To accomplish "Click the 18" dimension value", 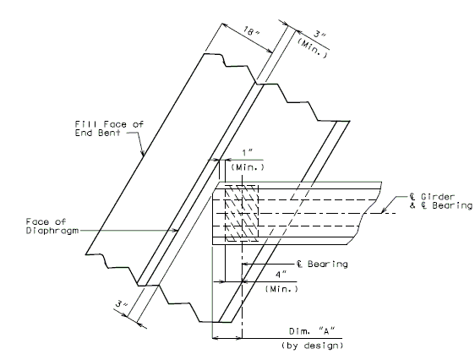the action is click(251, 31).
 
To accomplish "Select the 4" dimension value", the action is click(281, 275).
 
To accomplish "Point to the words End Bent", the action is click(97, 133).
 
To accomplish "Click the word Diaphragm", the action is click(52, 231).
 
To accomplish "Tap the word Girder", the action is click(438, 197).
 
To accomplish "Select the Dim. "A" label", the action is click(312, 331).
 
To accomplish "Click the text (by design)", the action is click(313, 346).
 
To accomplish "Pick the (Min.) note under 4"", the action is click(281, 289).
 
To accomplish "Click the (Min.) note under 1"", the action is click(248, 166).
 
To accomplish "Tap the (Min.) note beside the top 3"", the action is click(312, 48).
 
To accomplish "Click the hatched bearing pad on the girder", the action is click(242, 214).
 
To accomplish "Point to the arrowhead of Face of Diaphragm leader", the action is click(175, 231).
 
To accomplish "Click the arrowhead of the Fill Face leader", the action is click(142, 153).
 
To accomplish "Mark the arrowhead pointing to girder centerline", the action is click(384, 210).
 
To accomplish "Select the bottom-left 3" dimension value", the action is click(122, 303).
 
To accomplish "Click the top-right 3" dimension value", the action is click(319, 34).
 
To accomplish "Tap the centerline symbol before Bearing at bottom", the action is click(299, 265).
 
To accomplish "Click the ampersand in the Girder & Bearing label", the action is click(412, 205).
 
